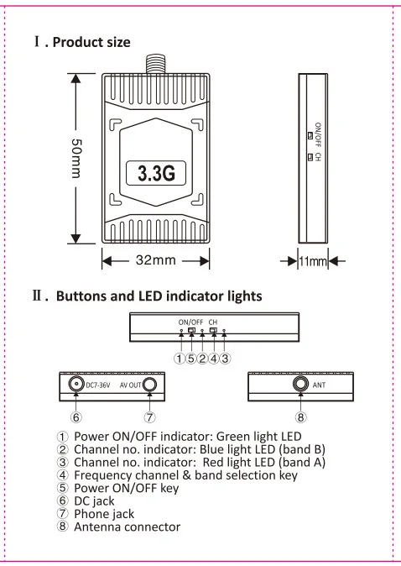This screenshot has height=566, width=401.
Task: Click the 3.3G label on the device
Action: [x=156, y=173]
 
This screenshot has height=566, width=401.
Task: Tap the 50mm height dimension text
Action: [x=76, y=158]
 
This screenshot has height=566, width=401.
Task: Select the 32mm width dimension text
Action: [x=156, y=259]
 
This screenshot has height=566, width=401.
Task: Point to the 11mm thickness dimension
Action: [x=313, y=261]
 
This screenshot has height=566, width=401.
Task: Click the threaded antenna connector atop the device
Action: [x=156, y=64]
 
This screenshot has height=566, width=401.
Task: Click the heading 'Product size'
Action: [x=91, y=42]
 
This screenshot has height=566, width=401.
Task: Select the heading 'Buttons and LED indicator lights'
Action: [x=159, y=296]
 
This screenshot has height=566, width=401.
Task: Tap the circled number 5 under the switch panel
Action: [x=190, y=359]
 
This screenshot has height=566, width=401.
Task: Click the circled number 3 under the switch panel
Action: [x=225, y=359]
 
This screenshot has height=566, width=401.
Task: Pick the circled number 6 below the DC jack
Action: [x=76, y=417]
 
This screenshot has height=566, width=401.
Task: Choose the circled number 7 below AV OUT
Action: [x=149, y=417]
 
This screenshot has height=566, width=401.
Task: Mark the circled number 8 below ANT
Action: [x=300, y=417]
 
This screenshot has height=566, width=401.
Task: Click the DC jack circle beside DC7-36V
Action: [x=76, y=384]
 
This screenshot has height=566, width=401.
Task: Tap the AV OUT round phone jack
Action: [x=149, y=385]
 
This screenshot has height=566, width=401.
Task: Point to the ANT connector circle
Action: [x=300, y=383]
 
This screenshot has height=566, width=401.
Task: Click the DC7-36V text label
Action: [x=98, y=385]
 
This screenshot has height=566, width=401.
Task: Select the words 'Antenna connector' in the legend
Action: [x=127, y=527]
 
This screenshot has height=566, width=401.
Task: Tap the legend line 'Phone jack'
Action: [x=104, y=514]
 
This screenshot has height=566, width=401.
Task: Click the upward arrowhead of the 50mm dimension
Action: [x=76, y=78]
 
